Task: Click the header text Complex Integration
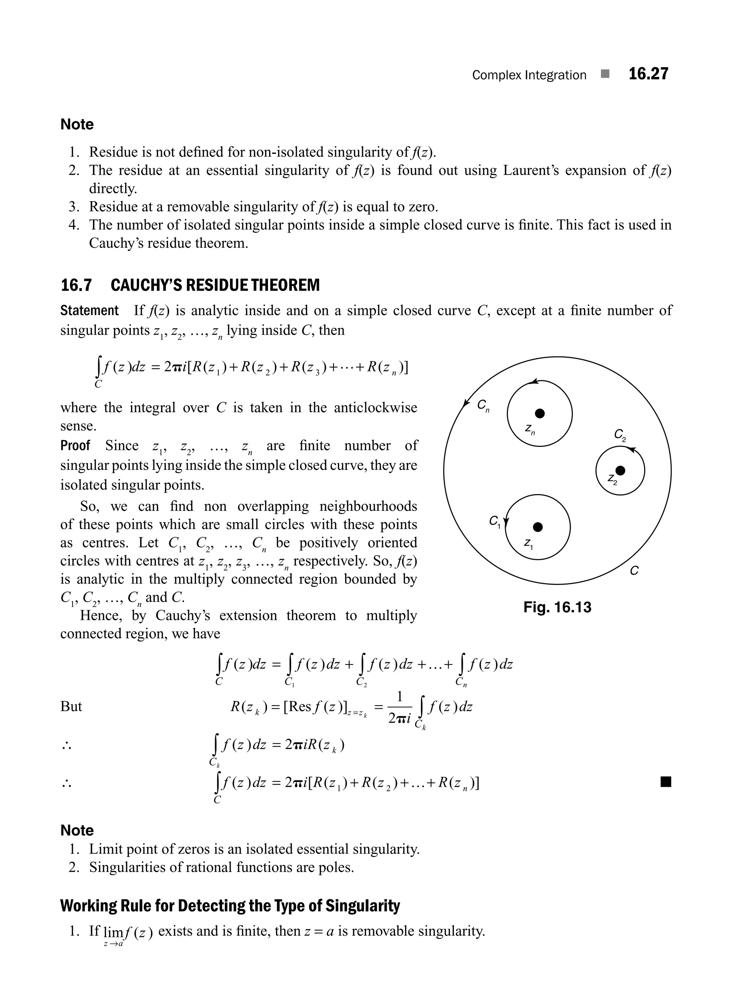point(529,75)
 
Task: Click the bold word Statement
point(89,310)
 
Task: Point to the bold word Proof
point(75,445)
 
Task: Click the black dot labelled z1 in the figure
point(538,527)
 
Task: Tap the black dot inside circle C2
point(620,470)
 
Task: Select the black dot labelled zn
point(539,414)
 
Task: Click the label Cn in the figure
point(483,405)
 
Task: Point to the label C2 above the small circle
point(619,435)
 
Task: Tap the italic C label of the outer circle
point(634,571)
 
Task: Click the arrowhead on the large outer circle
point(466,403)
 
